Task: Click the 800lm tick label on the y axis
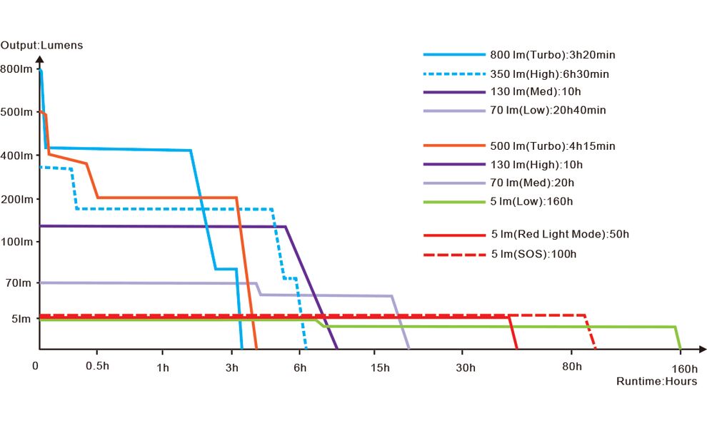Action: pyautogui.click(x=16, y=69)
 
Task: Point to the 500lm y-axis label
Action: pyautogui.click(x=16, y=112)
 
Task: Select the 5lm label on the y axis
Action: pyautogui.click(x=19, y=319)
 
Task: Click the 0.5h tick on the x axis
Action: pyautogui.click(x=97, y=367)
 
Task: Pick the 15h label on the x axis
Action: pyautogui.click(x=381, y=367)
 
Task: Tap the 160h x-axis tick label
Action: pyautogui.click(x=684, y=368)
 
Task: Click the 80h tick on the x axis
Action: pyautogui.click(x=571, y=367)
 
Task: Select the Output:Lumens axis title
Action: pyautogui.click(x=41, y=46)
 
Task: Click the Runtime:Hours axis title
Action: pyautogui.click(x=656, y=382)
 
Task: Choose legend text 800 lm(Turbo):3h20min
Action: pyautogui.click(x=552, y=55)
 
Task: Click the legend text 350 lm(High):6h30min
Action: pyautogui.click(x=549, y=73)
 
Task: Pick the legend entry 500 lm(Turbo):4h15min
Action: pyautogui.click(x=552, y=146)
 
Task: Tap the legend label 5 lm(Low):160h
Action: pyautogui.click(x=531, y=202)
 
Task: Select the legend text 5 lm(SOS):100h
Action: pyautogui.click(x=533, y=255)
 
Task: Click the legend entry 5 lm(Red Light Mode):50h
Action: pyautogui.click(x=560, y=234)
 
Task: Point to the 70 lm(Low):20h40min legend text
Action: pyautogui.click(x=548, y=110)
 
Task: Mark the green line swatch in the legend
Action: pyautogui.click(x=454, y=202)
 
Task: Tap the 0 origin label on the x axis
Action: pyautogui.click(x=36, y=365)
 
